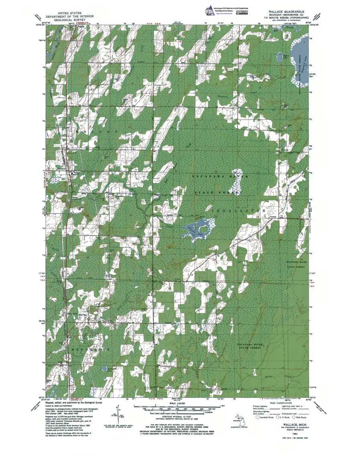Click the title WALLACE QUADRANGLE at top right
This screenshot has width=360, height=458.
(285, 13)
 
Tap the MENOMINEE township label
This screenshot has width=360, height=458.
(91, 350)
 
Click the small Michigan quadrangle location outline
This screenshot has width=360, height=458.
(234, 422)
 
